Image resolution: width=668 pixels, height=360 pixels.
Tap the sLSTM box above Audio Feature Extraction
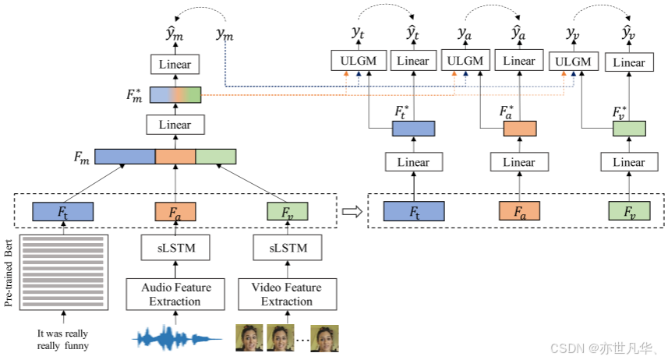tap(175, 249)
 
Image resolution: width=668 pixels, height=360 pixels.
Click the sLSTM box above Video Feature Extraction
tap(287, 249)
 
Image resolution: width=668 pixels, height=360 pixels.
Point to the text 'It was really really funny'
tap(62, 340)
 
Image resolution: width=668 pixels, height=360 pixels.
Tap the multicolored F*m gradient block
tap(175, 95)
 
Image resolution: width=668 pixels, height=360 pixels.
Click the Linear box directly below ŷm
tap(175, 64)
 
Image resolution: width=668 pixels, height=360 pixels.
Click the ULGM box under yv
tap(573, 62)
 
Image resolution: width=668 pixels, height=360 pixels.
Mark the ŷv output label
tap(627, 34)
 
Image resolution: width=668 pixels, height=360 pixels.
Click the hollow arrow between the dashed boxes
tap(352, 211)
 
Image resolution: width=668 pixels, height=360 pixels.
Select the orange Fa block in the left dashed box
tap(175, 211)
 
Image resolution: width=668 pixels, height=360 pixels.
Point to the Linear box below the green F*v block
tap(627, 162)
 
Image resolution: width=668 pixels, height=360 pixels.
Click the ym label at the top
tap(225, 34)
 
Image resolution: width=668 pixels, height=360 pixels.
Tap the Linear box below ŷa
tap(519, 61)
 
